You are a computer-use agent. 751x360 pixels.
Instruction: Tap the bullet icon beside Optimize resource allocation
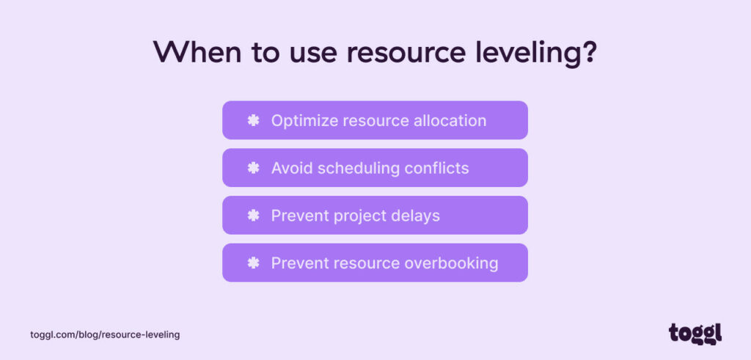tap(253, 120)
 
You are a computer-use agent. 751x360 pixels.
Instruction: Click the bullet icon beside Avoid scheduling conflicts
tap(253, 168)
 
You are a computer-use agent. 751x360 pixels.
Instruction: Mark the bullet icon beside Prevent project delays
tap(253, 216)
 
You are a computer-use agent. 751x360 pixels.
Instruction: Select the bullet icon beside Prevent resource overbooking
tap(253, 263)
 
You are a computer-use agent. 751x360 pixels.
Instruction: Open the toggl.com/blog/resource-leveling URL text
tap(105, 334)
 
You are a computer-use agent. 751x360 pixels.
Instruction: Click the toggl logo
tap(695, 333)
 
